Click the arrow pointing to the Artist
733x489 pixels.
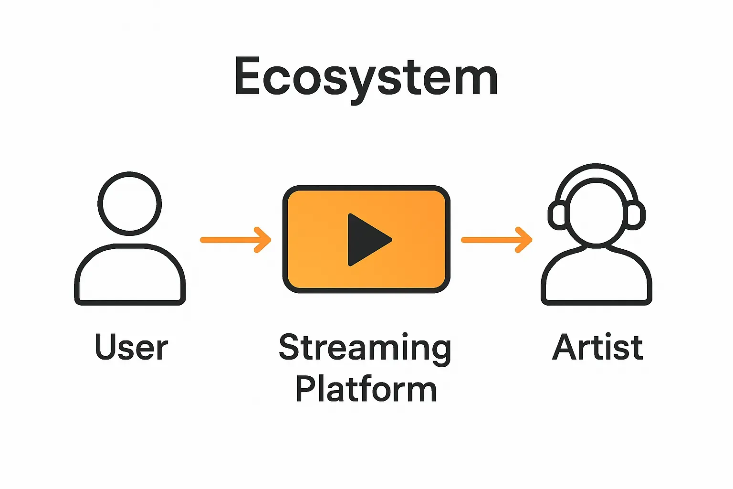point(496,240)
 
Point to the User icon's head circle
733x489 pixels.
point(130,204)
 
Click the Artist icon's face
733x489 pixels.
point(597,213)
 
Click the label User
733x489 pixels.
point(131,347)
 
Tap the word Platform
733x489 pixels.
point(366,389)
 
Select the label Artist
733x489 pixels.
point(597,347)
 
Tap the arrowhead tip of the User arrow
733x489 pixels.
point(269,240)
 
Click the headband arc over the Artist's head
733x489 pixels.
point(597,168)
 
